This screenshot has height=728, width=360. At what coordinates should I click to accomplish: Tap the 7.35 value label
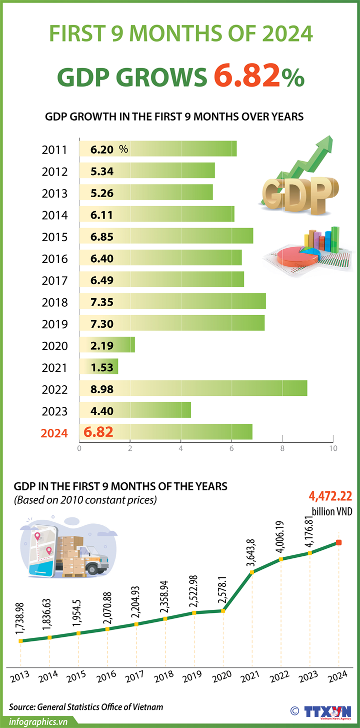click(x=102, y=302)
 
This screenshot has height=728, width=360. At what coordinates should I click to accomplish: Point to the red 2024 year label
click(x=54, y=433)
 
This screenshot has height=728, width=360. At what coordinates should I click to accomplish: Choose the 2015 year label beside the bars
click(x=54, y=237)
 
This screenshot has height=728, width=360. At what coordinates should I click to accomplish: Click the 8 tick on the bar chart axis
click(x=282, y=448)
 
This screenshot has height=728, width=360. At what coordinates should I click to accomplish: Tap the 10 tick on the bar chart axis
click(x=332, y=448)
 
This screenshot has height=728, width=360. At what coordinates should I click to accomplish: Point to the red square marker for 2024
click(x=338, y=543)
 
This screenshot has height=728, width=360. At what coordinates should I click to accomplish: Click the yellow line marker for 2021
click(x=252, y=572)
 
